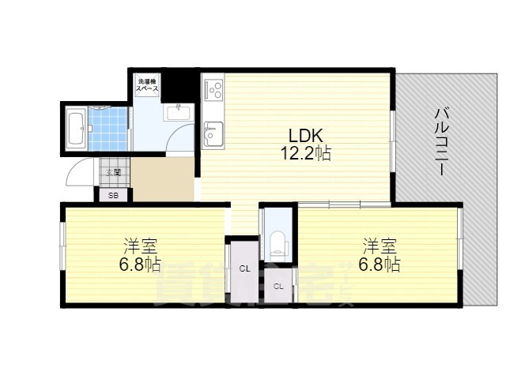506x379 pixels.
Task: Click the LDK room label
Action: [x=302, y=133]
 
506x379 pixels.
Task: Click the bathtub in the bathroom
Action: [x=77, y=129]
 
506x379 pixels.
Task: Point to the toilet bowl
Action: [x=278, y=244]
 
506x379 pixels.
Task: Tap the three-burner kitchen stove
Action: [x=213, y=92]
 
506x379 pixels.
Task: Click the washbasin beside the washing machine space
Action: [x=178, y=113]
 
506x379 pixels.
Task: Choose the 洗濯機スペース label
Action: [x=148, y=85]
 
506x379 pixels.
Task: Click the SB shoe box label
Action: [x=113, y=195]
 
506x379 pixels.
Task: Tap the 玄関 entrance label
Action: [x=113, y=171]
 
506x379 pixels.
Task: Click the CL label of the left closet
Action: [x=244, y=269]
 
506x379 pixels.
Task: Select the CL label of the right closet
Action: [x=278, y=286]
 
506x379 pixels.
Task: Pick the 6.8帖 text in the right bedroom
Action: [x=379, y=265]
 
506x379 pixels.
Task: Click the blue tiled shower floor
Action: [x=108, y=128]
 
